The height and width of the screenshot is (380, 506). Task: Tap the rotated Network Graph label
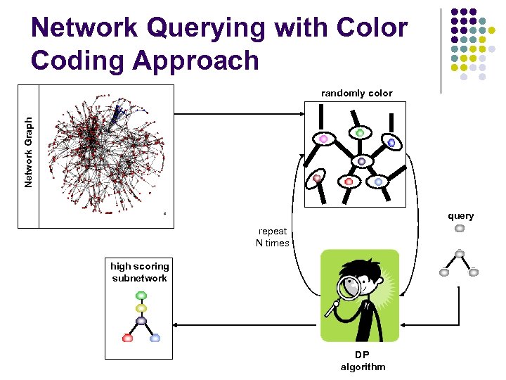pos(29,152)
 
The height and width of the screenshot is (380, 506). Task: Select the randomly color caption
pos(356,93)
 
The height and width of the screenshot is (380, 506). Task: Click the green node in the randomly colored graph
pos(360,132)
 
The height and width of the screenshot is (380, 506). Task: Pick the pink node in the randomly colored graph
pos(324,139)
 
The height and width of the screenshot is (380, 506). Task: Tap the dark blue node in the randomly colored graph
pos(391,142)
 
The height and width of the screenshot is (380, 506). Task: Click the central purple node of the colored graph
pos(361,161)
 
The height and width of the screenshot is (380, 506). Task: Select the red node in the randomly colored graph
pos(349,182)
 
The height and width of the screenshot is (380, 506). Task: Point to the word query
pos(461,216)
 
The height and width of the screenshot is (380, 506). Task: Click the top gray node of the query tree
pos(460,228)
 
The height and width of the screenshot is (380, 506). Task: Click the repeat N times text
pos(272,237)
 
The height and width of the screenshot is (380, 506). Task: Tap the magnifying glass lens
pos(349,287)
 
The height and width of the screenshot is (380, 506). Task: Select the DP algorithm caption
pos(363,361)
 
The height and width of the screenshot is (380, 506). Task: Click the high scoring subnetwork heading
pos(139,272)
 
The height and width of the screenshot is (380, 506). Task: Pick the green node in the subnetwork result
pos(141,295)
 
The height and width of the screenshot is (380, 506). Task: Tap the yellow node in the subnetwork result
pos(141,308)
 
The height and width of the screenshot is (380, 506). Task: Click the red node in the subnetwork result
pos(127,338)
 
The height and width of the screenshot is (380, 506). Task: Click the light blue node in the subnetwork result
pos(155,338)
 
